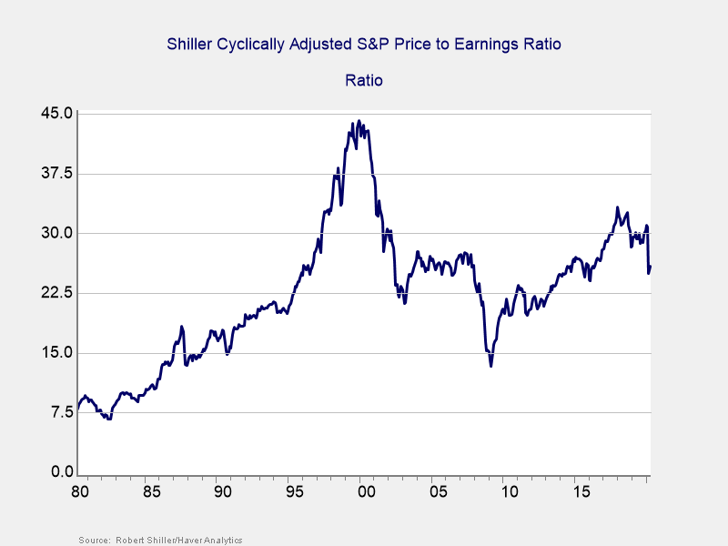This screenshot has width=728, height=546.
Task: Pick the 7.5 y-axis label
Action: tap(60, 413)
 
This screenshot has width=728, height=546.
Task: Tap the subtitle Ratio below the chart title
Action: tap(364, 80)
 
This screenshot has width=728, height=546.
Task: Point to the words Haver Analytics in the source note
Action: tap(211, 541)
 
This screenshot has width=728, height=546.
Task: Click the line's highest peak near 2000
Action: tap(359, 120)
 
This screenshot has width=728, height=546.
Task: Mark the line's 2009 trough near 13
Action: tap(490, 366)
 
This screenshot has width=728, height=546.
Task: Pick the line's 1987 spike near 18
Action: tap(181, 327)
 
